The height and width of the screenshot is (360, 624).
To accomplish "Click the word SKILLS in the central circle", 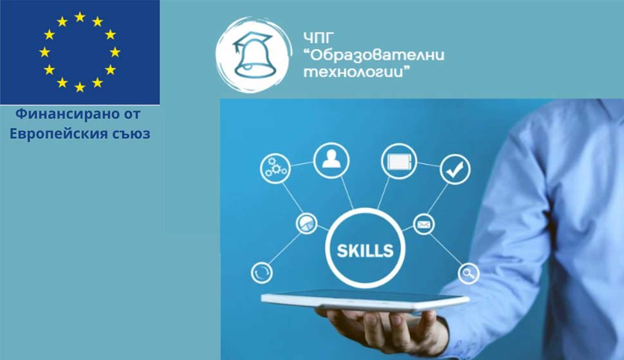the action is click(365, 251).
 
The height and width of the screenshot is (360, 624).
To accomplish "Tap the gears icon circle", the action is click(275, 168).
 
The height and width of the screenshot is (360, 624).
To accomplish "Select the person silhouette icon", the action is click(331, 160).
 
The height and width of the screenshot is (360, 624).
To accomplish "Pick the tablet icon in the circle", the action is click(399, 161).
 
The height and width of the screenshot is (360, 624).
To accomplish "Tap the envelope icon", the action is click(424, 225).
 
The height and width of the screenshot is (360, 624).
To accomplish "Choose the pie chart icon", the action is click(306, 224).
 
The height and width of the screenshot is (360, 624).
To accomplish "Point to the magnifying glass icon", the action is click(468, 274).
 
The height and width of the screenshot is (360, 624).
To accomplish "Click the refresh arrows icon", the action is click(261, 273).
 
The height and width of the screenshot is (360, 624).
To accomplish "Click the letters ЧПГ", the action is click(318, 38).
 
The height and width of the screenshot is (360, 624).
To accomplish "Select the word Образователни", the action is click(377, 55).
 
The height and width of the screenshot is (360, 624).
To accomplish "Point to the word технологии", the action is click(353, 72).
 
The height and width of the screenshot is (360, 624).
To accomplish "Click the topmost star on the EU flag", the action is click(80, 17).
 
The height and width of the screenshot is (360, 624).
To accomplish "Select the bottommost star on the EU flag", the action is click(80, 87).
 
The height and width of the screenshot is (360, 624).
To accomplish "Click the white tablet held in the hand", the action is click(365, 300).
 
